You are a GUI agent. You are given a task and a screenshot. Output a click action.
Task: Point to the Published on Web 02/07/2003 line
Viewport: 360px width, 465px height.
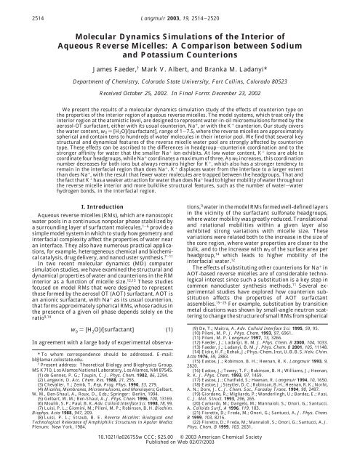(180, 456)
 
